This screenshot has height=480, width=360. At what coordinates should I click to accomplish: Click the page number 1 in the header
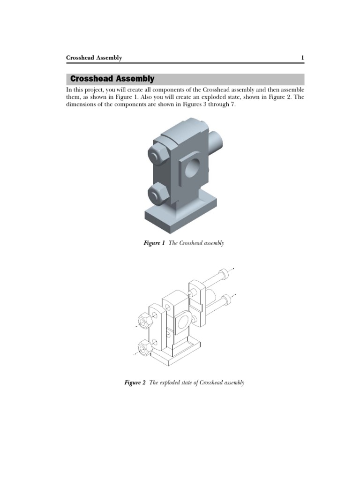pos(302,58)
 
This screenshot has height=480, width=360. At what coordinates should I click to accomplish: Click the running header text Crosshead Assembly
pos(94,58)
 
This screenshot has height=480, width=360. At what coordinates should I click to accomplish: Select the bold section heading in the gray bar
pos(112,79)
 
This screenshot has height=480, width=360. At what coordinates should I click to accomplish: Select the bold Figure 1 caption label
pos(154,243)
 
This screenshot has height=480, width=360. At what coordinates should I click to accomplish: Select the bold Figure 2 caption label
pos(135,383)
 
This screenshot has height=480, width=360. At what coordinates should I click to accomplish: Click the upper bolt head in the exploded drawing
pos(225,272)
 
